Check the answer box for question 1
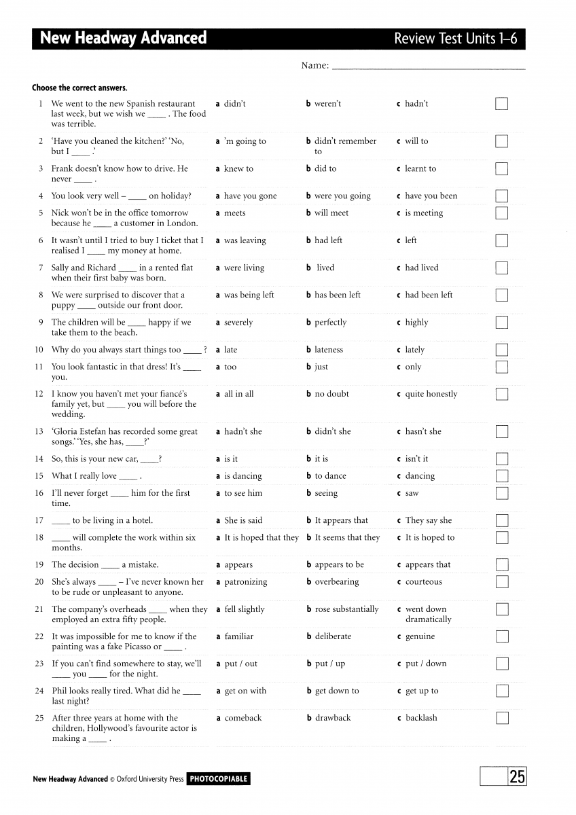(x=501, y=104)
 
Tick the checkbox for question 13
(x=501, y=432)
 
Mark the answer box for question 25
(x=501, y=718)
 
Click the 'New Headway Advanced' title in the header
(x=123, y=38)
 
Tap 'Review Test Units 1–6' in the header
(x=455, y=39)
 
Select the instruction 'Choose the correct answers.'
(x=79, y=88)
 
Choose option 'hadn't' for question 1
(x=416, y=104)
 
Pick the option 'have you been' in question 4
(x=431, y=196)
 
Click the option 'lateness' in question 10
(x=329, y=350)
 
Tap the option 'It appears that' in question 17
(x=341, y=520)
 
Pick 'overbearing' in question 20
(x=336, y=582)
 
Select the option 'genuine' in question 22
(x=420, y=636)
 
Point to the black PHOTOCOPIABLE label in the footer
(x=218, y=779)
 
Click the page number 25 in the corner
(x=517, y=777)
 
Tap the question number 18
(x=39, y=537)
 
